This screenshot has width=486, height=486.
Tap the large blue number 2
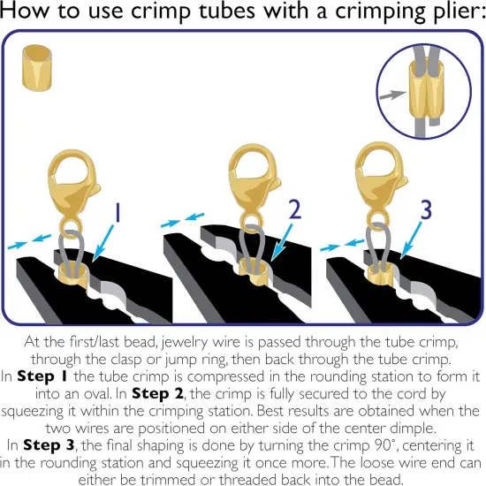pos(295,209)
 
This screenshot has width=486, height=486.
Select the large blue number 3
pos(426,210)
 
